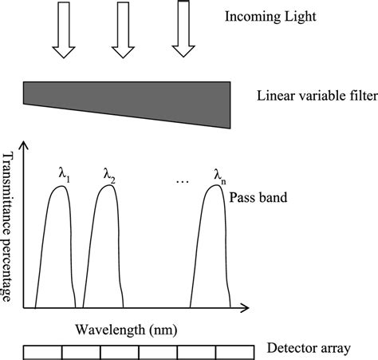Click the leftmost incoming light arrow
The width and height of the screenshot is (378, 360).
click(x=62, y=30)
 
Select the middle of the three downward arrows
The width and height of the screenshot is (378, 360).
click(x=122, y=30)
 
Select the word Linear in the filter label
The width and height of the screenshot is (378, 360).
click(x=274, y=97)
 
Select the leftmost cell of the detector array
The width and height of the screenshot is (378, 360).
click(x=42, y=352)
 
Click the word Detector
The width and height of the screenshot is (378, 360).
click(x=289, y=350)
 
